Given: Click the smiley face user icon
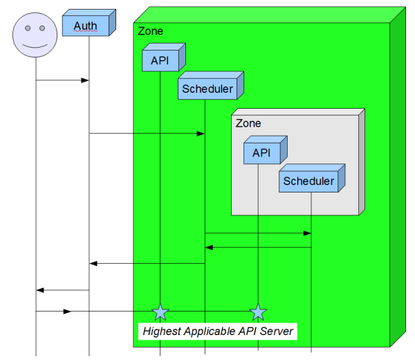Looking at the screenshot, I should coord(35,34).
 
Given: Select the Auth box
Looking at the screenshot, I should coord(86,26).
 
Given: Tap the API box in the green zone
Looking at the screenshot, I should coord(160,60).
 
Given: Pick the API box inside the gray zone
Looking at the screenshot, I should coord(261,153).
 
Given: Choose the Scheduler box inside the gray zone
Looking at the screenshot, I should coord(308,181).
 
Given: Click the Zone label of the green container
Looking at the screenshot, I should coord(151,31).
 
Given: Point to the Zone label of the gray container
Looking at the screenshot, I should coord(248,124).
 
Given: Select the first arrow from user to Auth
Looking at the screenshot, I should coord(62,80).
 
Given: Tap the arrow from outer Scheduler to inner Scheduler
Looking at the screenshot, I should coord(258,233).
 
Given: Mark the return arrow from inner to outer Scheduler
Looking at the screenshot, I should coord(258,247).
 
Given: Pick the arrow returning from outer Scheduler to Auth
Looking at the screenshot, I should coord(147,263).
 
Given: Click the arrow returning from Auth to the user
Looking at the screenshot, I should coord(62,289).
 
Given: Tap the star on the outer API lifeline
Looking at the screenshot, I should coord(160,312).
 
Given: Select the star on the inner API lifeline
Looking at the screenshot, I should coord(258,312).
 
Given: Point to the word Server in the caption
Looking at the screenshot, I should coord(278,332).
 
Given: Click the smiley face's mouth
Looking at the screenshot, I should coord(35,44).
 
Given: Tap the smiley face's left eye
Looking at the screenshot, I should coord(28,28).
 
